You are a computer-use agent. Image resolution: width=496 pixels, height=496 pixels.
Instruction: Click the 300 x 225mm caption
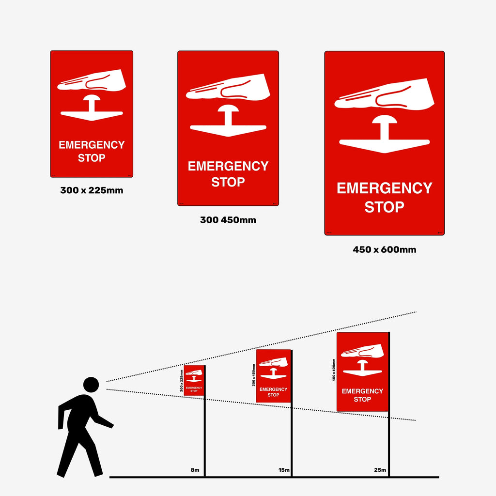(92, 190)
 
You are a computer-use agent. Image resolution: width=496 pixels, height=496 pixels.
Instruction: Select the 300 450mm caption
(228, 220)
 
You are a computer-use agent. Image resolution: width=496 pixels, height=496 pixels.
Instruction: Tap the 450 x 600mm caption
(384, 250)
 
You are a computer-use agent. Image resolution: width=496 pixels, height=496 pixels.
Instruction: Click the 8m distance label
(195, 470)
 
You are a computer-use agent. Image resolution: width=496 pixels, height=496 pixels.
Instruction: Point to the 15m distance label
(284, 470)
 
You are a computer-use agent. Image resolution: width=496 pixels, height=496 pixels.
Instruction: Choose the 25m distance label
(380, 470)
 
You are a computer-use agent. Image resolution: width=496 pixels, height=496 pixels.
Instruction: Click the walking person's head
(91, 385)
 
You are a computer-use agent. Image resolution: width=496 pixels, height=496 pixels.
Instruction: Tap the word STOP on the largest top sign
(384, 207)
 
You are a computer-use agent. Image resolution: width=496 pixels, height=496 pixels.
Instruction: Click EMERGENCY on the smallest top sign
(92, 145)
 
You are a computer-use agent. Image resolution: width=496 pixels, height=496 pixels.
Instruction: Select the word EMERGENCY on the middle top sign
(228, 166)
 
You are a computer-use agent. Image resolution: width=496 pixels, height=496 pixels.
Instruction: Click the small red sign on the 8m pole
(194, 380)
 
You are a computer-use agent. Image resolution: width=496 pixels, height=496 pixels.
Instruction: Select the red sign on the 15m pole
(273, 376)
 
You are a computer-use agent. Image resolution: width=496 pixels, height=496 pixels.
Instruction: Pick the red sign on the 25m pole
(362, 372)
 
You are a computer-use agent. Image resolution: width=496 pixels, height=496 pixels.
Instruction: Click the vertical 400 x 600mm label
(334, 370)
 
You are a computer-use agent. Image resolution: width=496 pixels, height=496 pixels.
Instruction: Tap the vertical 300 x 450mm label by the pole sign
(253, 375)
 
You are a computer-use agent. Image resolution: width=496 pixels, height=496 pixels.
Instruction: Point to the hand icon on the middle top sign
(228, 87)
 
